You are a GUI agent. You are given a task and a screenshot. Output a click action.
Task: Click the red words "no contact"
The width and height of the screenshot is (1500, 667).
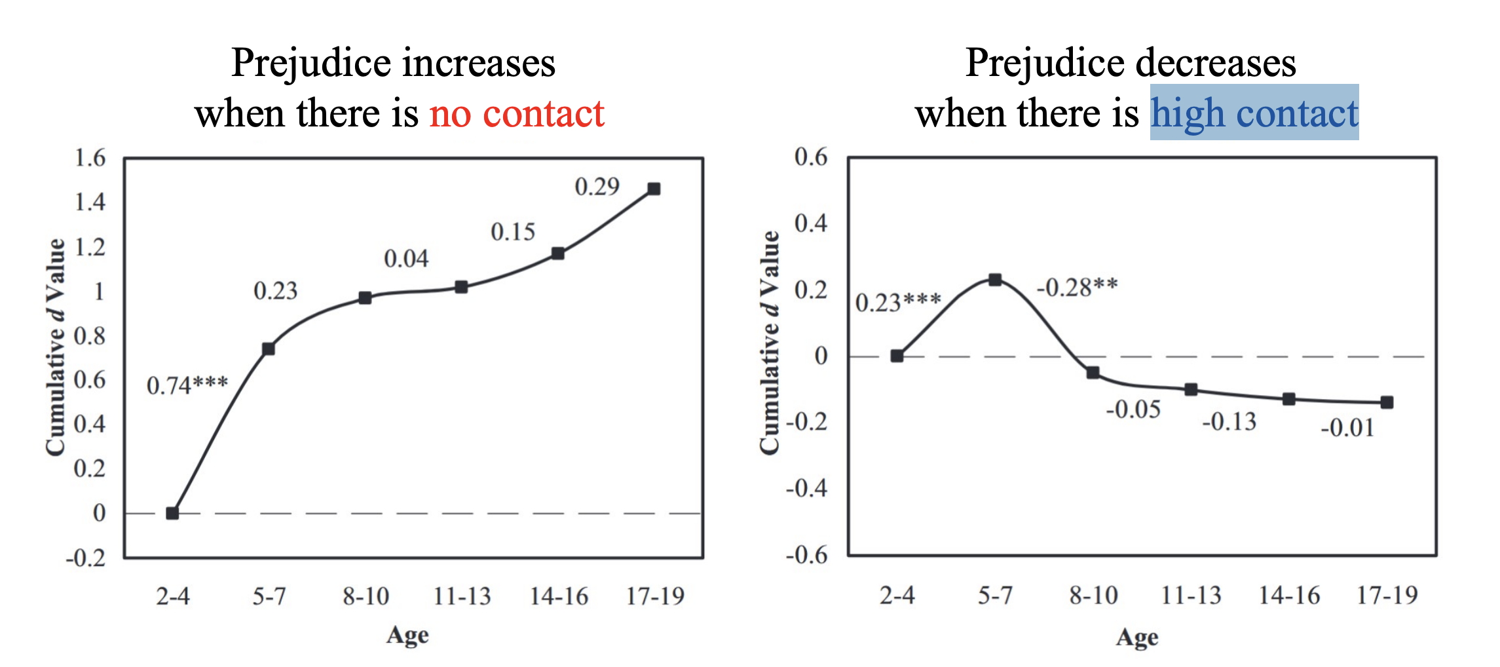517,114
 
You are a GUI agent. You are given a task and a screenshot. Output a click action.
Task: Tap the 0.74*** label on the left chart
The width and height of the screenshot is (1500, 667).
187,385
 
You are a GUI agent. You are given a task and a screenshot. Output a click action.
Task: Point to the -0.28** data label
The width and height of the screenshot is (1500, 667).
1077,287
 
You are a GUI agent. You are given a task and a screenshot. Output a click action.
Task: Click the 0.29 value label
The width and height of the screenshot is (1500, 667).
597,187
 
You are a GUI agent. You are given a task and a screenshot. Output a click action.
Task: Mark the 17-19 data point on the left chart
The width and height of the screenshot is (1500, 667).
654,189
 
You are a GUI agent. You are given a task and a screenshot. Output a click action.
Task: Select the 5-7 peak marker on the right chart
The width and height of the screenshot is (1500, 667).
995,280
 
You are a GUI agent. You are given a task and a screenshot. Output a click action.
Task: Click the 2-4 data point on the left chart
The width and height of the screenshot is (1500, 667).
172,513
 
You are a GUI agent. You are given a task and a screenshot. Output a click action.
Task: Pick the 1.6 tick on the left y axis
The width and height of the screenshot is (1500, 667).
90,158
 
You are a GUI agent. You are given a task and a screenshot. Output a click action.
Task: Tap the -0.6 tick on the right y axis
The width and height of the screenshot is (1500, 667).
807,555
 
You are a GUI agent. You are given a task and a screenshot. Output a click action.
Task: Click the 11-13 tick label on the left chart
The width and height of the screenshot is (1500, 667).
462,596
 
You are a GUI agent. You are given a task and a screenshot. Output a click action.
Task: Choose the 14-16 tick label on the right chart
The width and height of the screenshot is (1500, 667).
1289,595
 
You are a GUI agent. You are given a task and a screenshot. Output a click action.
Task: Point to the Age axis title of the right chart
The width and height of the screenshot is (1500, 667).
1137,637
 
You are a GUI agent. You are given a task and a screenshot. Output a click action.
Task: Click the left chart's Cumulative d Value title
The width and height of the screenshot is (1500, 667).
56,347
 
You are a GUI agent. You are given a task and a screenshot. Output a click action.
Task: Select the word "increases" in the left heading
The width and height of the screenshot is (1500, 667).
479,64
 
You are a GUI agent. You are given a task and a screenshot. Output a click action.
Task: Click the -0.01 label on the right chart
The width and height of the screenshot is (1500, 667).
1347,428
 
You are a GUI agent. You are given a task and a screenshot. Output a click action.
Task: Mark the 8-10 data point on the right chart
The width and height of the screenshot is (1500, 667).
1093,373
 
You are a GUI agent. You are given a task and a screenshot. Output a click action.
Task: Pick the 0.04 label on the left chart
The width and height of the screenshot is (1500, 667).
406,259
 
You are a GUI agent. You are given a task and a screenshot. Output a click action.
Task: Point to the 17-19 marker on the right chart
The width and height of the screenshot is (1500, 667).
1387,402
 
